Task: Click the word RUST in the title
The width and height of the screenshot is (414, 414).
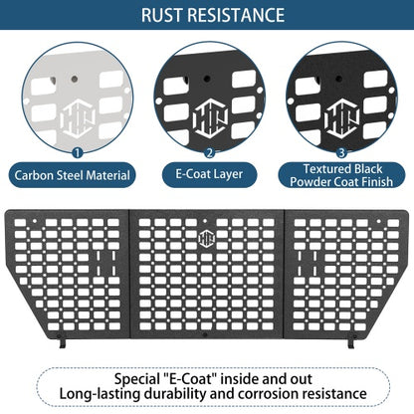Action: pyautogui.click(x=162, y=15)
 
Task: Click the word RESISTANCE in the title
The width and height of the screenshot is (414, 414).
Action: pyautogui.click(x=236, y=15)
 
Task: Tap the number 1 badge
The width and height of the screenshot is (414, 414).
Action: pyautogui.click(x=77, y=153)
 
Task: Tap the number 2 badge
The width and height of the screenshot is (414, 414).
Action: pyautogui.click(x=209, y=153)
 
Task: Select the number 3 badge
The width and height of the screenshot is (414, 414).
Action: pyautogui.click(x=341, y=153)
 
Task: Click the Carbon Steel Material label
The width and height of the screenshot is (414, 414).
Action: pyautogui.click(x=72, y=175)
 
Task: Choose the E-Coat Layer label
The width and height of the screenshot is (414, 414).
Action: pyautogui.click(x=209, y=174)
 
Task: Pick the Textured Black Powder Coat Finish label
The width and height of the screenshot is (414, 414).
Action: pyautogui.click(x=341, y=175)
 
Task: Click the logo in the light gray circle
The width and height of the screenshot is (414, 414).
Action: pyautogui.click(x=80, y=118)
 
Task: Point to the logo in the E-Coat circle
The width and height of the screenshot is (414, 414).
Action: pyautogui.click(x=211, y=117)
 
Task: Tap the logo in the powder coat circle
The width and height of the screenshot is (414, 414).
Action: pyautogui.click(x=343, y=117)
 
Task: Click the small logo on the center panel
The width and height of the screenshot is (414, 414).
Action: pyautogui.click(x=206, y=238)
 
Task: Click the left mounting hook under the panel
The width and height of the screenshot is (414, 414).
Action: pyautogui.click(x=62, y=341)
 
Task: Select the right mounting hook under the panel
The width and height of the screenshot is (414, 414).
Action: pyautogui.click(x=351, y=341)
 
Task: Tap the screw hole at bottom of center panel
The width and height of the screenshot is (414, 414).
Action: pyautogui.click(x=205, y=335)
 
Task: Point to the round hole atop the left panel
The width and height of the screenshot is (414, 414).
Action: pyautogui.click(x=35, y=221)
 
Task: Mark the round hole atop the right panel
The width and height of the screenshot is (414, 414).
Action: pyautogui.click(x=378, y=221)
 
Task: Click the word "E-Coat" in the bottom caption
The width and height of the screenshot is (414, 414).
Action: pyautogui.click(x=187, y=379)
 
